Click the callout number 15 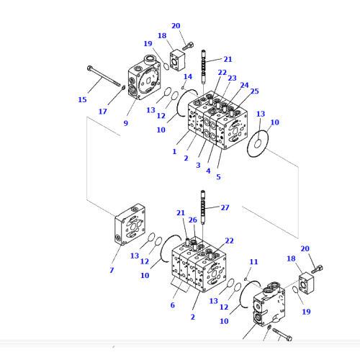[x=82, y=99]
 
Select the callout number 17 [x=103, y=112]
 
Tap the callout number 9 [x=125, y=122]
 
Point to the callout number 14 [x=188, y=76]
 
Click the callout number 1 [x=174, y=152]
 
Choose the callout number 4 [x=208, y=171]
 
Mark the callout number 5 [x=219, y=177]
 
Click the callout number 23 [x=232, y=78]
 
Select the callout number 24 [x=244, y=85]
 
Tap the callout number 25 [x=254, y=91]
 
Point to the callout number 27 [x=225, y=207]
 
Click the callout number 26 [x=192, y=220]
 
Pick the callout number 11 [x=253, y=261]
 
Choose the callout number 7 [x=112, y=270]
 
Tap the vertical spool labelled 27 [x=204, y=209]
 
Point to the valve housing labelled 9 [x=146, y=82]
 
